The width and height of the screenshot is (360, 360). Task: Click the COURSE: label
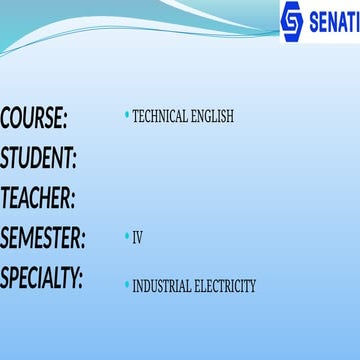(x=34, y=119)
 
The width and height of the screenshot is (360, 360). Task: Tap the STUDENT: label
(x=39, y=158)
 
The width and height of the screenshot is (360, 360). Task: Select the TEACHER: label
(x=38, y=198)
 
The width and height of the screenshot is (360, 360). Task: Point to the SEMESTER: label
(x=43, y=238)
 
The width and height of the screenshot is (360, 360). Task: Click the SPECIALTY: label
(x=42, y=277)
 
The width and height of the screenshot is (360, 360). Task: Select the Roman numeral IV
(x=138, y=238)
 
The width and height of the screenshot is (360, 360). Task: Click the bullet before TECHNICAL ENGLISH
(x=126, y=116)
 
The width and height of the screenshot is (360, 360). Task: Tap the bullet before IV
(x=126, y=237)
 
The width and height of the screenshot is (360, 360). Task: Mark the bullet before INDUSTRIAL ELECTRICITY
(x=126, y=285)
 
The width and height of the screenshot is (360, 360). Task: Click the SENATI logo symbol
(x=291, y=21)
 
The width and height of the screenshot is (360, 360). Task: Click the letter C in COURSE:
(x=7, y=119)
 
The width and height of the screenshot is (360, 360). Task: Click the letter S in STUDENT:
(x=6, y=158)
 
